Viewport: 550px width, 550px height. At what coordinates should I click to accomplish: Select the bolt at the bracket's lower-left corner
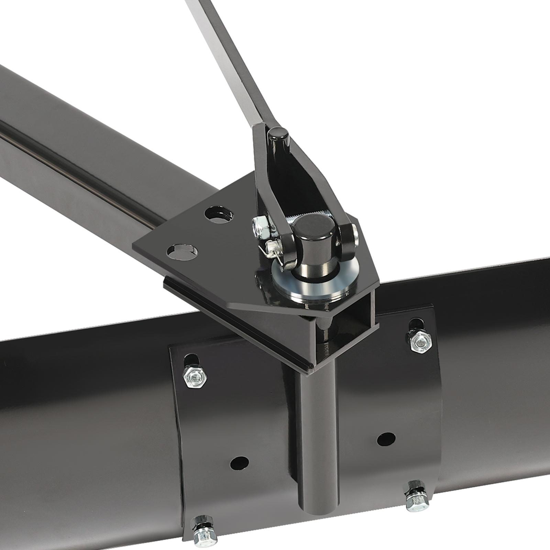pos(204,534)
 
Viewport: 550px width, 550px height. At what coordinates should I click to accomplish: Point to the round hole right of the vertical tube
pos(386,439)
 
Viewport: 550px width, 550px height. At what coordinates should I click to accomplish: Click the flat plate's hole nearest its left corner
pos(183,251)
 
